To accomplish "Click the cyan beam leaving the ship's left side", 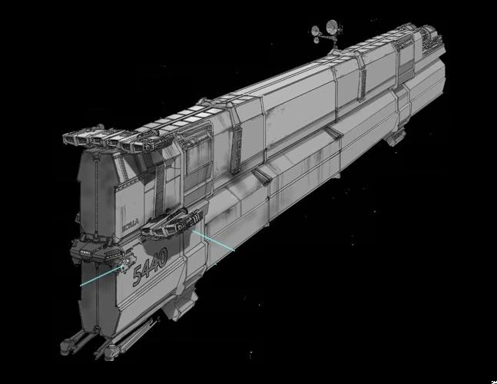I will (96, 278).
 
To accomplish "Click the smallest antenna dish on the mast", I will (315, 31).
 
